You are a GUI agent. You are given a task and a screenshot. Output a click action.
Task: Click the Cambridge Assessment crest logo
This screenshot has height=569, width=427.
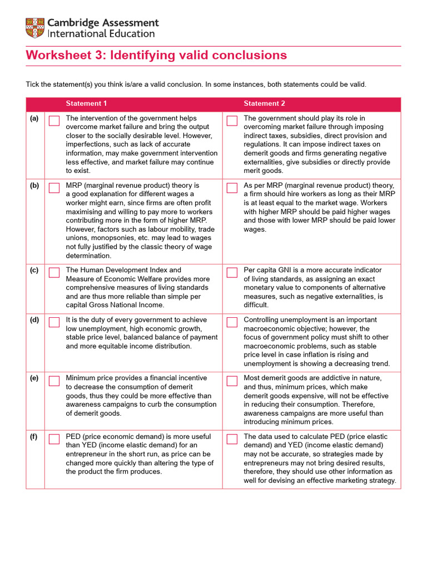[35, 28]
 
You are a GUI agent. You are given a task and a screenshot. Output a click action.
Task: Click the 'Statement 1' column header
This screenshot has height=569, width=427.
[86, 104]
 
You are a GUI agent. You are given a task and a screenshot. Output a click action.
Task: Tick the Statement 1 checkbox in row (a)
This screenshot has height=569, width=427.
[54, 121]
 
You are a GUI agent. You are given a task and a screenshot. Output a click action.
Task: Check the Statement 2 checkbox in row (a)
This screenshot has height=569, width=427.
[232, 121]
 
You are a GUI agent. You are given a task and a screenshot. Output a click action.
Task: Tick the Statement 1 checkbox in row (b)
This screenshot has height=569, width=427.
[54, 187]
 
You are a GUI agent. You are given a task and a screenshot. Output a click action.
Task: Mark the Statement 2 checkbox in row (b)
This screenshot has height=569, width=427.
[232, 188]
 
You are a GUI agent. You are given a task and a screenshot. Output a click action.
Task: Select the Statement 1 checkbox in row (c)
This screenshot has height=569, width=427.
[54, 272]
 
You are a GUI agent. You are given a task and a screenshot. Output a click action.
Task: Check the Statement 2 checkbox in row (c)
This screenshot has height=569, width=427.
[232, 272]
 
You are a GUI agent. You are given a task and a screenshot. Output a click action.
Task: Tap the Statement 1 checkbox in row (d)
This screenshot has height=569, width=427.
[54, 322]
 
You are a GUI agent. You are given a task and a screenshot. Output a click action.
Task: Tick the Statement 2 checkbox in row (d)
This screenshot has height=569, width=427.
[232, 322]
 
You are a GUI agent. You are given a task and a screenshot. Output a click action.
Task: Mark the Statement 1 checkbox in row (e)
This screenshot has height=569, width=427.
[54, 381]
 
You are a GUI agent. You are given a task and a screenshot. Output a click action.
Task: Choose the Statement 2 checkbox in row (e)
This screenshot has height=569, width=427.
[232, 381]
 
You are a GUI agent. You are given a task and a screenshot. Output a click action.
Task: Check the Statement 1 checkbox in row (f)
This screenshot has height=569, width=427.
[54, 439]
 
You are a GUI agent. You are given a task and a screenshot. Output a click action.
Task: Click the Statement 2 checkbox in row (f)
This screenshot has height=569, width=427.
[232, 439]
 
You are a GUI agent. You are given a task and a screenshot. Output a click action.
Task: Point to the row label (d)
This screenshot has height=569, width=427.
[34, 320]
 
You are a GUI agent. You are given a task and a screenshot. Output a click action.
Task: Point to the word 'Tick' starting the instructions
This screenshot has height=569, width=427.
[33, 84]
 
